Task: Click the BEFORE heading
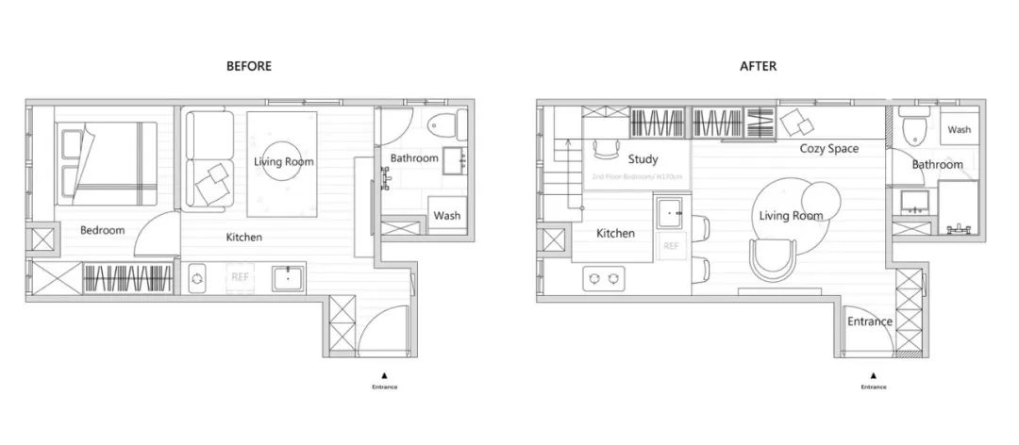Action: (x=249, y=66)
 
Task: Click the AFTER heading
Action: (x=759, y=66)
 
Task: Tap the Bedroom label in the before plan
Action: (x=102, y=230)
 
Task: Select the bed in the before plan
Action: (x=106, y=163)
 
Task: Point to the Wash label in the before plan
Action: (x=447, y=216)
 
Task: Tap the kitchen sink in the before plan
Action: (x=288, y=277)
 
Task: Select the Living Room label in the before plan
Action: (x=283, y=161)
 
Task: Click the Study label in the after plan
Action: (x=643, y=159)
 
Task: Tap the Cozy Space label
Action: (x=829, y=148)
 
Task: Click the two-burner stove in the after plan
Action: (x=604, y=277)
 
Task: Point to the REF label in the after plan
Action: (x=671, y=246)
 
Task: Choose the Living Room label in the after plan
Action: (x=791, y=216)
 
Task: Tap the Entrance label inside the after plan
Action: (x=869, y=321)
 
